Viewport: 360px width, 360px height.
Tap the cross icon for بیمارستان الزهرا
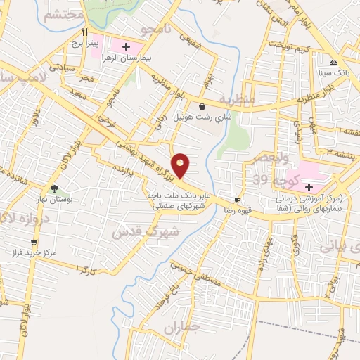click(x=126, y=47)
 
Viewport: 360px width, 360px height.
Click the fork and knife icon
click(x=85, y=32)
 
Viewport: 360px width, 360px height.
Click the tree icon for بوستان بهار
click(x=54, y=188)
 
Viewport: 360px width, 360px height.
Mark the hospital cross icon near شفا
click(x=308, y=186)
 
